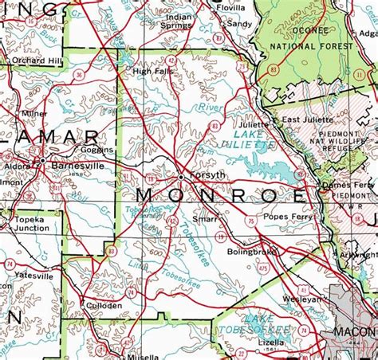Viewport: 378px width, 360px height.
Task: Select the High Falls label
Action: click(152, 72)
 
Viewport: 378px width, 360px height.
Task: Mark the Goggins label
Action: click(97, 149)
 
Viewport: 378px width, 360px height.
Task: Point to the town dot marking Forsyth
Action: click(183, 175)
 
